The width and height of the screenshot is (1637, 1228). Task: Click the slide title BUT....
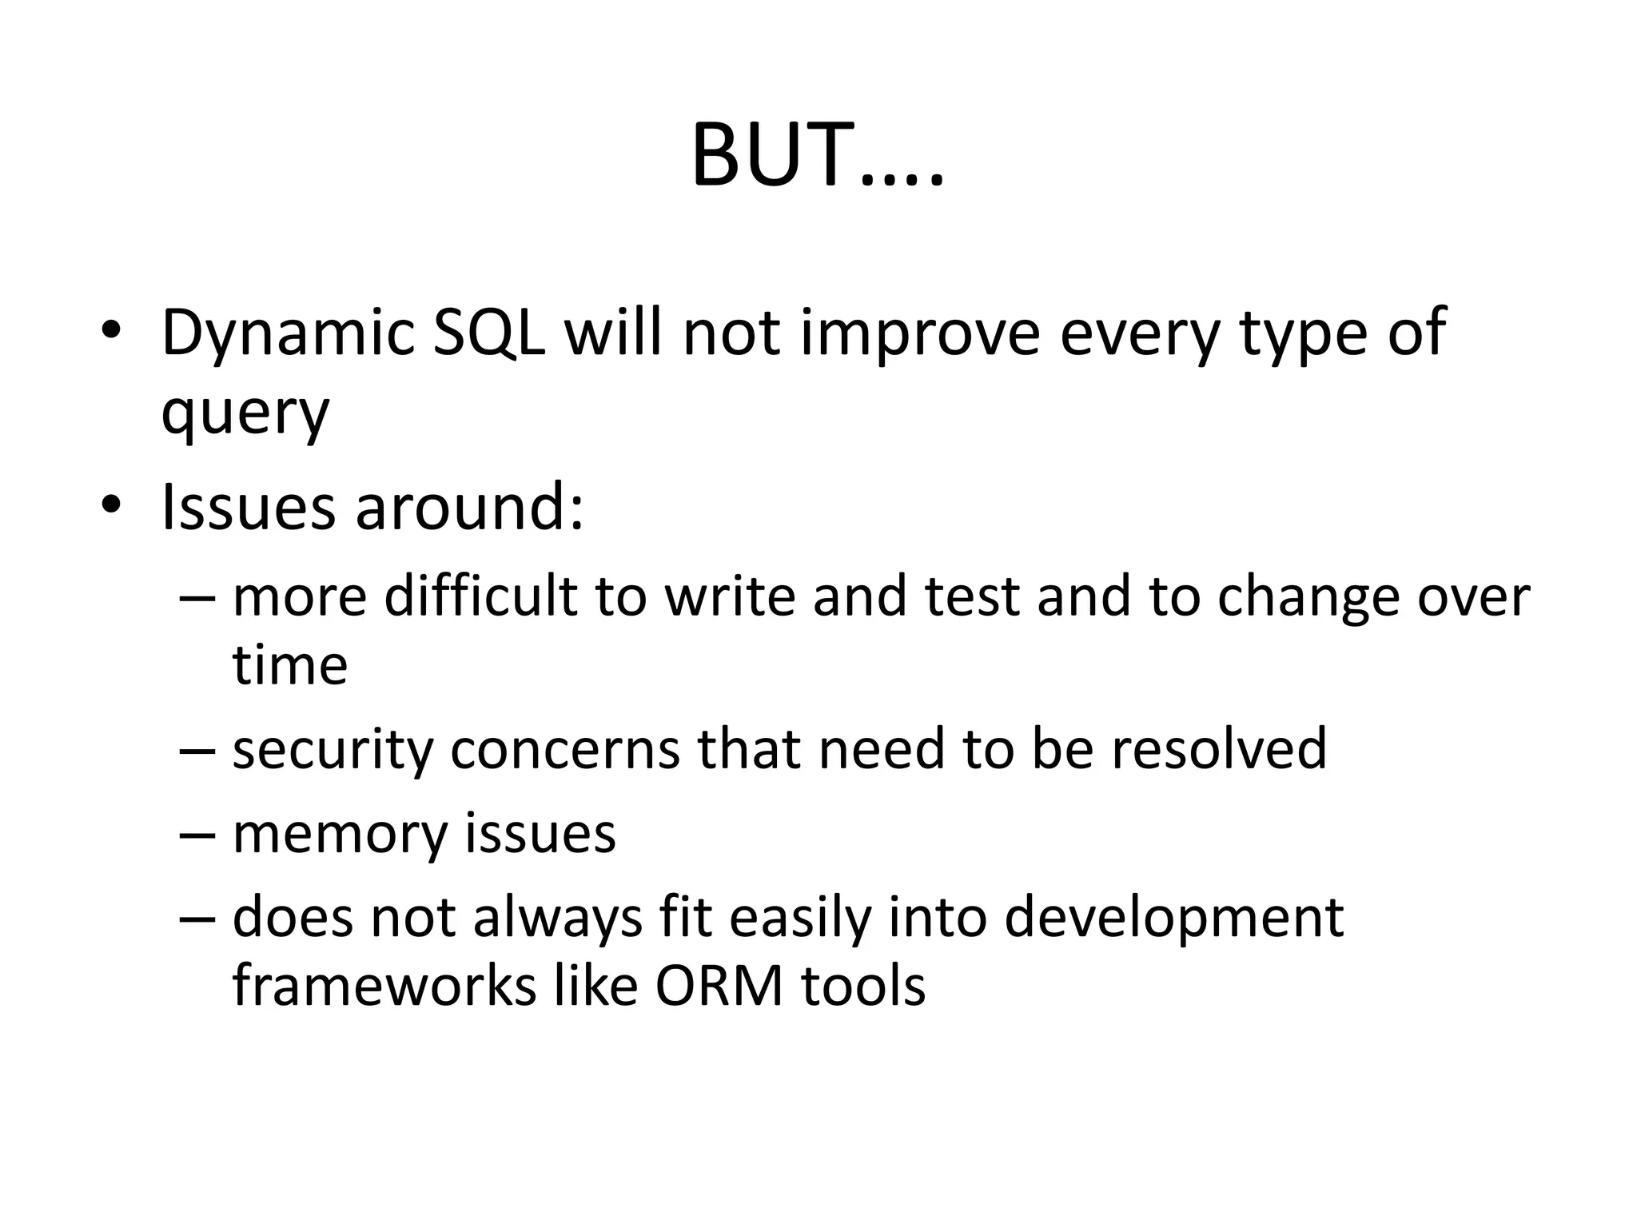[817, 155]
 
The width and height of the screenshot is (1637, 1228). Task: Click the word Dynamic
[287, 334]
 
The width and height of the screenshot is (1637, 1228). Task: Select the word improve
[920, 334]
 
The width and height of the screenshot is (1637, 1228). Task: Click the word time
[290, 665]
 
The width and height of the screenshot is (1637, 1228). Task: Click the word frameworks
[384, 987]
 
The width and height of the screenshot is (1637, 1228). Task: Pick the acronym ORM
[719, 987]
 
